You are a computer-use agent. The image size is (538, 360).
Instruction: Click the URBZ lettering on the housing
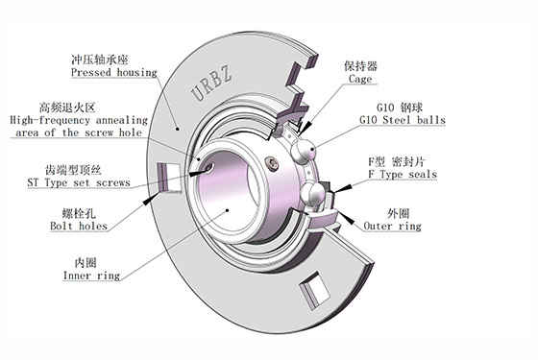(211, 84)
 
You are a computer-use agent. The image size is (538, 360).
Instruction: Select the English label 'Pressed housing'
(114, 73)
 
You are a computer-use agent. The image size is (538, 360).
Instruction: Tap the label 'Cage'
(360, 79)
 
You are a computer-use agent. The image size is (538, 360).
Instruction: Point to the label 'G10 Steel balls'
(403, 120)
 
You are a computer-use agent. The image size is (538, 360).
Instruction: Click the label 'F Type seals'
(403, 174)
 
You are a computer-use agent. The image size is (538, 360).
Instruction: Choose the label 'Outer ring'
(392, 226)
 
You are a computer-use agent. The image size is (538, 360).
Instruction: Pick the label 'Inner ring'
(91, 276)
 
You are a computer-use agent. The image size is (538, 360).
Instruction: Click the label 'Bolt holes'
(79, 226)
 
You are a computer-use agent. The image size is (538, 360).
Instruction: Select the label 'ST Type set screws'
(79, 182)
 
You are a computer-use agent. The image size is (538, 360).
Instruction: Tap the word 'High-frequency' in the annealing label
(50, 120)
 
